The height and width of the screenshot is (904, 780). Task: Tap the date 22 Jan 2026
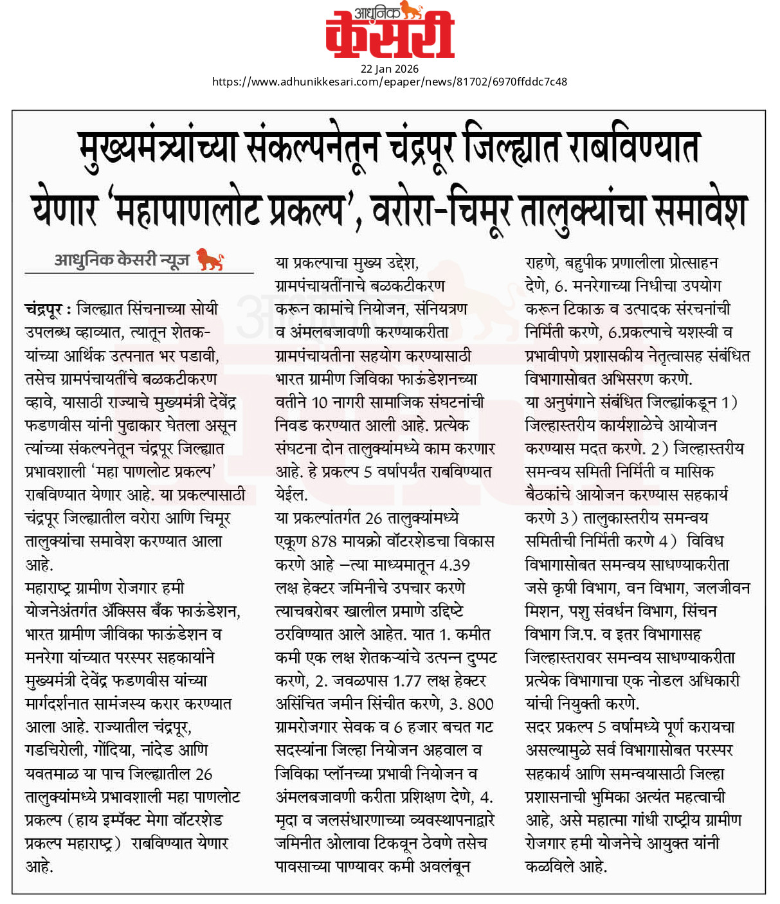coord(390,69)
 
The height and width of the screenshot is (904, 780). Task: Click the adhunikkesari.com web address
coord(390,82)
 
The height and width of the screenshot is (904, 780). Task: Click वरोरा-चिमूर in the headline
coord(441,210)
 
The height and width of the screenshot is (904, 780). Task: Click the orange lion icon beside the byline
coord(210,259)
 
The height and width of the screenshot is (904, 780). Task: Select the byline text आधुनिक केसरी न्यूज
coord(122,260)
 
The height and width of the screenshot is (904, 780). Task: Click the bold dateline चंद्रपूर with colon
coord(48,309)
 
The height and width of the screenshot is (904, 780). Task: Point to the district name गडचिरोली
coord(55,750)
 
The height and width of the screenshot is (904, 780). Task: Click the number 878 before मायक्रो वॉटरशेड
coord(324,541)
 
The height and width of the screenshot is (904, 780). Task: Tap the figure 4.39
coord(454,565)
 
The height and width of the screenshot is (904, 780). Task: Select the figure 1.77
coord(407,681)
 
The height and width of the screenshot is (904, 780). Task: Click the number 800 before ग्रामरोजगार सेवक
coord(480,704)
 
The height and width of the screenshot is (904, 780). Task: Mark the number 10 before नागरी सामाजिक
coord(320,402)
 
